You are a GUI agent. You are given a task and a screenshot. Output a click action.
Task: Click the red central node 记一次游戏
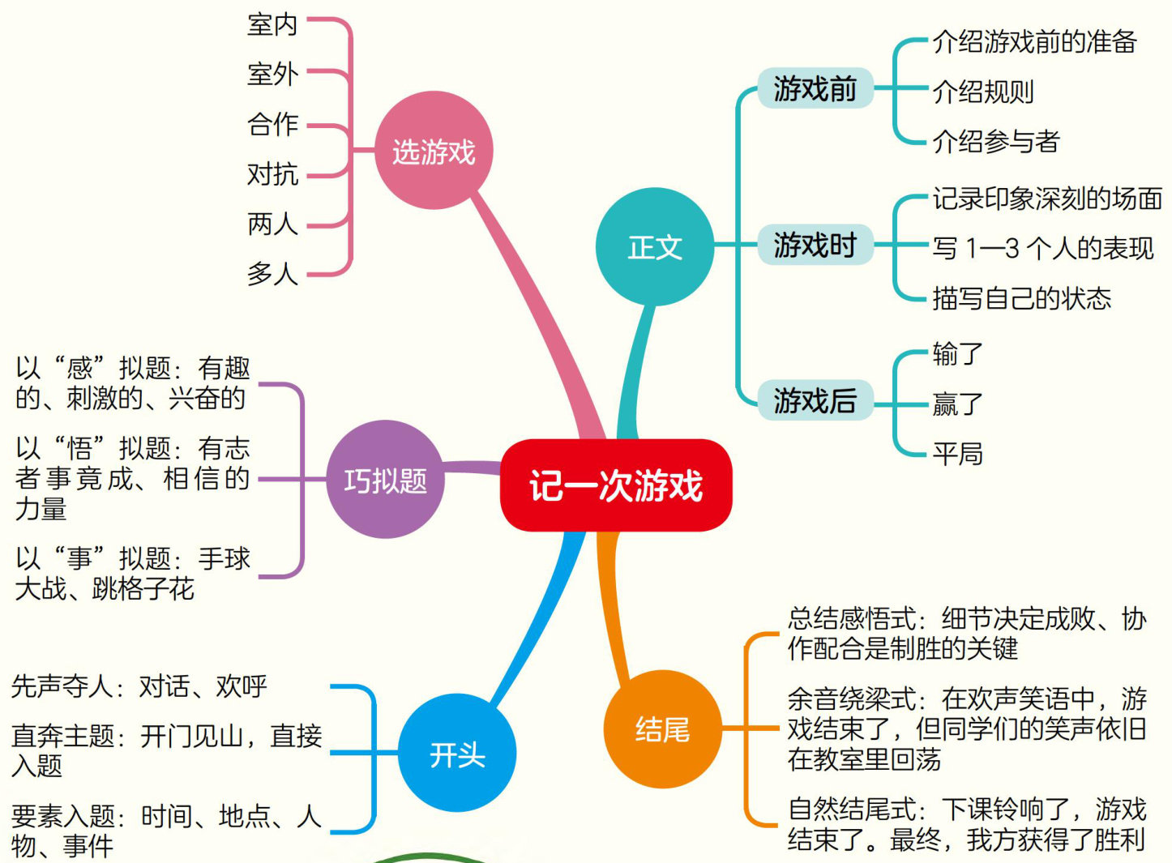pyautogui.click(x=616, y=485)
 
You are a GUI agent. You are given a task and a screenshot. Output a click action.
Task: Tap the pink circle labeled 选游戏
pyautogui.click(x=434, y=151)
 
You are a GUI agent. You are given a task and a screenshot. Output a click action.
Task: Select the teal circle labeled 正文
pyautogui.click(x=655, y=247)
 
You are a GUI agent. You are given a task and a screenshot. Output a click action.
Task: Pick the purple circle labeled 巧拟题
pyautogui.click(x=385, y=480)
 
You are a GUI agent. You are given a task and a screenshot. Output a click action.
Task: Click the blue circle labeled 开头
pyautogui.click(x=457, y=754)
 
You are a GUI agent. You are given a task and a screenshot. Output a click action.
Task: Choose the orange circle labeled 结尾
pyautogui.click(x=662, y=728)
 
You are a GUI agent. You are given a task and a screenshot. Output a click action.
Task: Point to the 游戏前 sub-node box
pyautogui.click(x=815, y=88)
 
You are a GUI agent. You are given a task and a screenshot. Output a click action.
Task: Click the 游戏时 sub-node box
pyautogui.click(x=815, y=244)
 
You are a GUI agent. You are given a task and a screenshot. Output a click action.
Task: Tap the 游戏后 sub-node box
pyautogui.click(x=815, y=399)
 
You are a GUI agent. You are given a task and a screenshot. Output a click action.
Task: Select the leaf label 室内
pyautogui.click(x=273, y=24)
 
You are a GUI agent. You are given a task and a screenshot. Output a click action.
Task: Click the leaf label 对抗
pyautogui.click(x=273, y=173)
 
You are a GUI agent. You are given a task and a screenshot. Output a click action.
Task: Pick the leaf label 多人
pyautogui.click(x=273, y=273)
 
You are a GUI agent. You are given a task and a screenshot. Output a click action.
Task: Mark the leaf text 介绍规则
pyautogui.click(x=983, y=92)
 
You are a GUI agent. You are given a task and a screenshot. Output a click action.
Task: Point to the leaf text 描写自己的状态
pyautogui.click(x=1021, y=298)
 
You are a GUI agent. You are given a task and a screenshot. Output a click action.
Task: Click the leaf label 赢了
pyautogui.click(x=957, y=404)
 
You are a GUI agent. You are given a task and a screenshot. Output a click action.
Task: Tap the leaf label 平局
pyautogui.click(x=957, y=453)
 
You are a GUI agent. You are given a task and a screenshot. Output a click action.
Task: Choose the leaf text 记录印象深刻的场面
pyautogui.click(x=1047, y=199)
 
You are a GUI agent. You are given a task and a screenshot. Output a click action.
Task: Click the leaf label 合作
pyautogui.click(x=273, y=124)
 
